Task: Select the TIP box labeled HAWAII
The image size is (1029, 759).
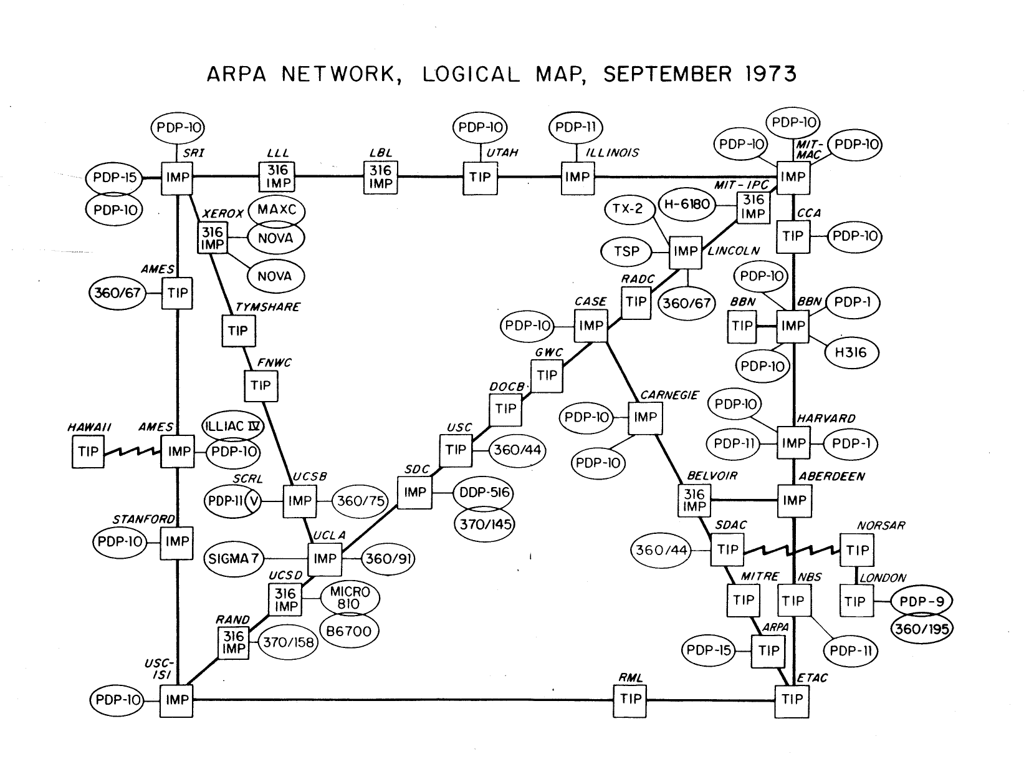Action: pos(89,451)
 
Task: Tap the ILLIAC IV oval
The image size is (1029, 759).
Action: pos(234,427)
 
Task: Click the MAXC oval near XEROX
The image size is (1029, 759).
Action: pos(277,210)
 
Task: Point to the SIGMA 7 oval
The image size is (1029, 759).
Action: pos(234,559)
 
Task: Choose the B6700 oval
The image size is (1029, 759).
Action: pos(349,631)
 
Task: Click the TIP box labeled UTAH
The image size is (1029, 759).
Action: pos(479,177)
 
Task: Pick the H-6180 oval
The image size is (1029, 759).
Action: pos(687,204)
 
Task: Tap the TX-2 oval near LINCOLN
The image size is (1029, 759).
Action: pos(628,209)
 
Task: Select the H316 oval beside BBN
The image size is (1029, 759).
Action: pos(851,353)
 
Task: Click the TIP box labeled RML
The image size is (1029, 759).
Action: pos(631,699)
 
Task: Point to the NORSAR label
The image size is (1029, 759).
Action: pos(881,526)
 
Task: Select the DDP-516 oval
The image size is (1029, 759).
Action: pos(484,493)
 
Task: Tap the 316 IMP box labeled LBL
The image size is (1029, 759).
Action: pos(380,176)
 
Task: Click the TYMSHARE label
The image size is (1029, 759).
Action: pos(267,307)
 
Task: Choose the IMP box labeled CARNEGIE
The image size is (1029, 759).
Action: pos(645,417)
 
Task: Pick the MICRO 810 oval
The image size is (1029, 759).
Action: pos(350,597)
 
